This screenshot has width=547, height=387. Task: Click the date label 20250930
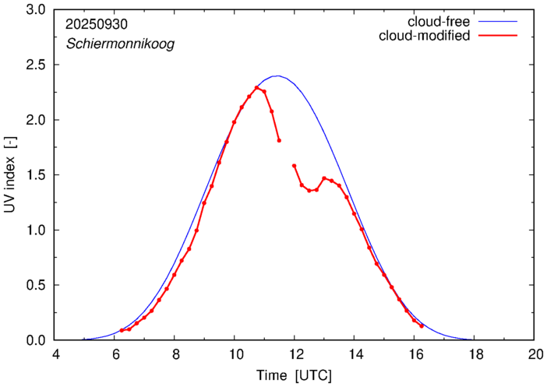pyautogui.click(x=97, y=24)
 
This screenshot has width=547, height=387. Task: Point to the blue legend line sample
pyautogui.click(x=499, y=21)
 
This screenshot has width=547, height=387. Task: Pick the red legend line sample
pyautogui.click(x=499, y=36)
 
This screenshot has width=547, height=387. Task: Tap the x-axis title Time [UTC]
pyautogui.click(x=294, y=376)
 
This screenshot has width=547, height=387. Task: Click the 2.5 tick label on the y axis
pyautogui.click(x=37, y=65)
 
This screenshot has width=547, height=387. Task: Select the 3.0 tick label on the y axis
pyautogui.click(x=37, y=11)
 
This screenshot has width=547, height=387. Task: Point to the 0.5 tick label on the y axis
pyautogui.click(x=37, y=286)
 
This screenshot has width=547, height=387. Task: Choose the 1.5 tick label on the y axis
pyautogui.click(x=37, y=176)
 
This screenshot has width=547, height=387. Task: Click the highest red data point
pyautogui.click(x=256, y=88)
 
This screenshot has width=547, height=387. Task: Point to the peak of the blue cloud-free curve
pyautogui.click(x=277, y=76)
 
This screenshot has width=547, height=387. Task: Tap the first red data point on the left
pyautogui.click(x=122, y=330)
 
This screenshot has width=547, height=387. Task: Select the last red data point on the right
pyautogui.click(x=422, y=325)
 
